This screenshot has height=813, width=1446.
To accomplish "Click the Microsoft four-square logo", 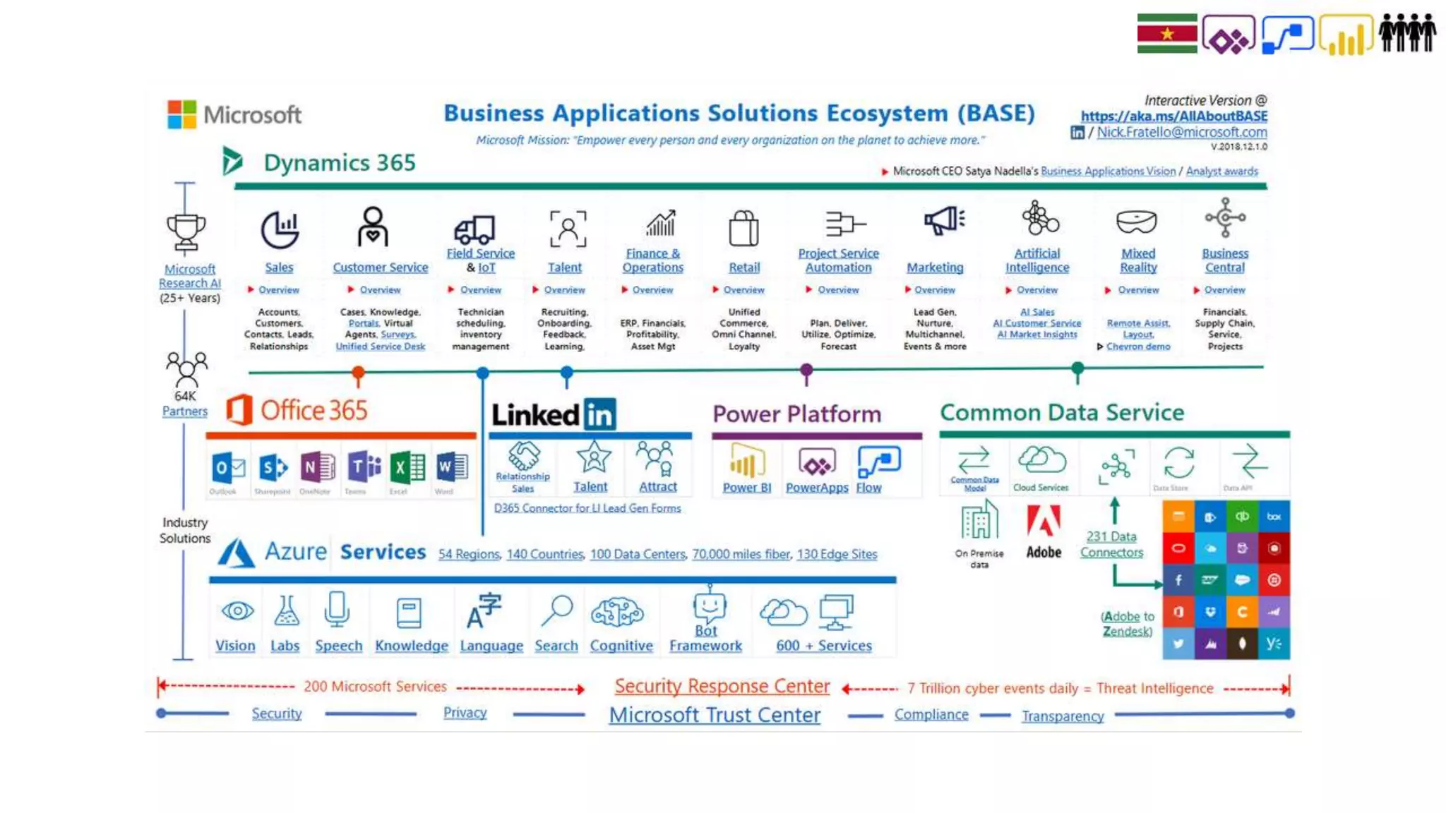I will click(181, 114).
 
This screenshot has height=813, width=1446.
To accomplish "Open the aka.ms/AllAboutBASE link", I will click(1173, 116).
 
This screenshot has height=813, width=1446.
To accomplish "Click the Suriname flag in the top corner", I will click(1166, 33).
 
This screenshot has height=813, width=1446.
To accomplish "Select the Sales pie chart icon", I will click(280, 229).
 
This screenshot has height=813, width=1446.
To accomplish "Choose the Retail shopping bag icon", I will click(743, 228).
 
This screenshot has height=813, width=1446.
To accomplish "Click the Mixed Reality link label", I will click(1138, 260).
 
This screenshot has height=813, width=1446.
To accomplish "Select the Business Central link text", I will click(1225, 260).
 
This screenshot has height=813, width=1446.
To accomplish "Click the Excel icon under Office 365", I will click(407, 466).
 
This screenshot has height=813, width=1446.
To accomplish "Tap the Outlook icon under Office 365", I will click(227, 467).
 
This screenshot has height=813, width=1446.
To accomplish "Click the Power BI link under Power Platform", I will click(746, 488).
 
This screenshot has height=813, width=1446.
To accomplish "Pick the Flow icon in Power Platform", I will click(878, 462).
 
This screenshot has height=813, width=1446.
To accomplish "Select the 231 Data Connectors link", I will click(1111, 544).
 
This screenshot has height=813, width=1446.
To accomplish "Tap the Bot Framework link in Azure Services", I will click(705, 638).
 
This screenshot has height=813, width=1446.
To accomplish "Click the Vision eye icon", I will click(237, 610).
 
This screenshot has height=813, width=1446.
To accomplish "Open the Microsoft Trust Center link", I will click(715, 715).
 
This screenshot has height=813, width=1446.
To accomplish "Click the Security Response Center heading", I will click(722, 686).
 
